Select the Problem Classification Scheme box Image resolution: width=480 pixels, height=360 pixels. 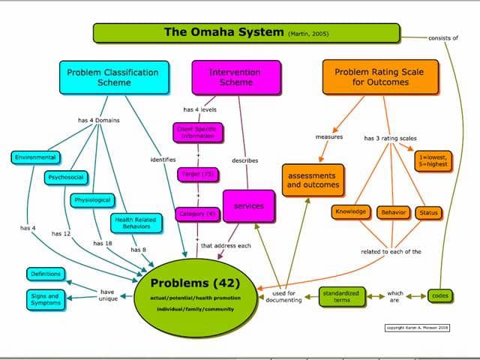112,77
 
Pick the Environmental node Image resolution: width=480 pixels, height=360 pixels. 35,157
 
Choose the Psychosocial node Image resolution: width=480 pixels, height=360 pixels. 66,178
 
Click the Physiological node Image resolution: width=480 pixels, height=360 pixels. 92,200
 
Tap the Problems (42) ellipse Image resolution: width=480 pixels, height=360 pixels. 194,292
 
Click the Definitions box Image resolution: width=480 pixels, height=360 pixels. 45,274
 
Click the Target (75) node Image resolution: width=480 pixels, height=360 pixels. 198,174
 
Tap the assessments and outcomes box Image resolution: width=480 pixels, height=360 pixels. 313,180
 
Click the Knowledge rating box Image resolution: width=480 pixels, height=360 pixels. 350,212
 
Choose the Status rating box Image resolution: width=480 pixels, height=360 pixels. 428,213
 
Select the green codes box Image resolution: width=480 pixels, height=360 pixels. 440,296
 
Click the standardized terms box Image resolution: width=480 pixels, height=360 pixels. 341,296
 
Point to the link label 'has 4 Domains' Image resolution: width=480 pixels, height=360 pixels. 98,120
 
